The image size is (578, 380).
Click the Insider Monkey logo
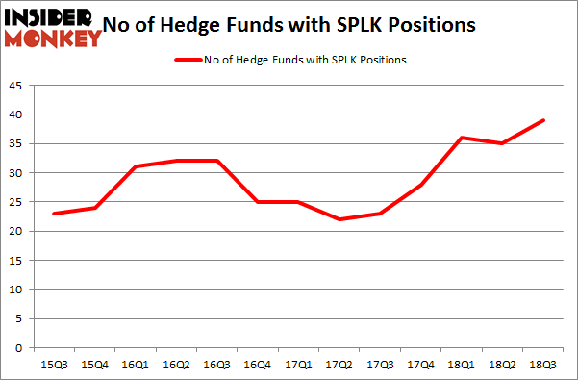(x=53, y=26)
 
